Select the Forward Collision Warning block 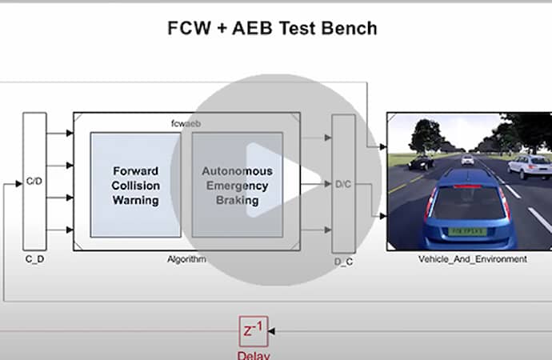click(x=135, y=185)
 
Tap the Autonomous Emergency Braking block click(x=237, y=185)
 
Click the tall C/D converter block click(x=34, y=181)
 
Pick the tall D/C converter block click(x=343, y=184)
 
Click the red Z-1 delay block click(x=253, y=331)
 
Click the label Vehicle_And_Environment click(x=472, y=259)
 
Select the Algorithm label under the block click(x=186, y=259)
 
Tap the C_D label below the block click(x=34, y=260)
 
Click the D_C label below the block click(x=343, y=261)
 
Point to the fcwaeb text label click(x=186, y=123)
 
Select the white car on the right click(x=529, y=166)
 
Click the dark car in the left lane click(x=421, y=162)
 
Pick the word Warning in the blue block click(x=135, y=200)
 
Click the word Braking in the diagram click(x=237, y=201)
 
